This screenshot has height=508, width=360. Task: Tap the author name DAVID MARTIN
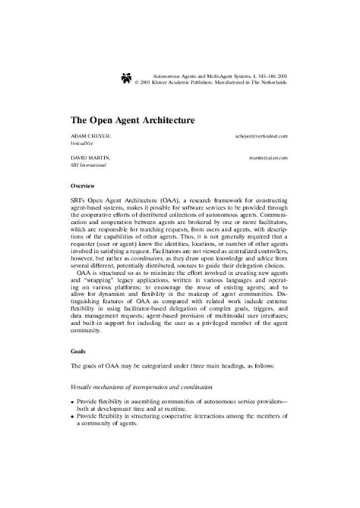click(90, 157)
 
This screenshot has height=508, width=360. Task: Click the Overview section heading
click(82, 186)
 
